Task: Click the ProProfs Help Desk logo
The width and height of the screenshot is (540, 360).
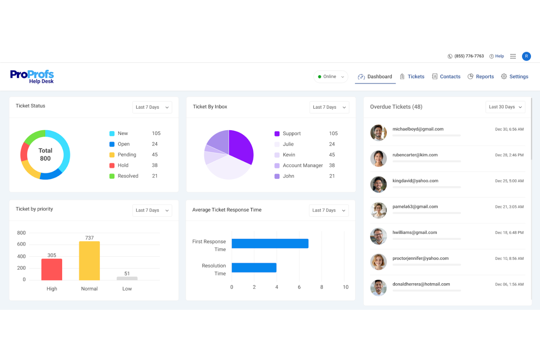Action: coord(32,77)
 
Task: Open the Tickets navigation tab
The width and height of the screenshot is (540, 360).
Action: coord(412,77)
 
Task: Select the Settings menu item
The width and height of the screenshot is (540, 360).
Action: coord(515,77)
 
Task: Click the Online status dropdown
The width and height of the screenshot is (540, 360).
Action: coord(331,77)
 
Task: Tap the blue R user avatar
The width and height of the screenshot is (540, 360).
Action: coord(526,56)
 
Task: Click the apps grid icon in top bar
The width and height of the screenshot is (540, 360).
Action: coord(513,56)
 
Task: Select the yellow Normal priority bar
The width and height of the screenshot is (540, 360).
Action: coord(89,261)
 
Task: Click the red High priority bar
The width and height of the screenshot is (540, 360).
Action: coord(52,269)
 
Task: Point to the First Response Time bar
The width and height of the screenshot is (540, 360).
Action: coord(270,243)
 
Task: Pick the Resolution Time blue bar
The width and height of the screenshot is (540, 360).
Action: coord(254,267)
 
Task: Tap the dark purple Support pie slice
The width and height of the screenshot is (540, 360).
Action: coord(240,146)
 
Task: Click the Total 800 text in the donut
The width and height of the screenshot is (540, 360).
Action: coord(45,154)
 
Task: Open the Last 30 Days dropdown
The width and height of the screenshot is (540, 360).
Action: coord(505,107)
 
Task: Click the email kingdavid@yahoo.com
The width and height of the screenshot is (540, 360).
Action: coord(415,181)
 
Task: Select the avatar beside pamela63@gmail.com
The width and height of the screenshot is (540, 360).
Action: coord(378,210)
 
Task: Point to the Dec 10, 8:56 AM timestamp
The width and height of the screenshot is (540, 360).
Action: coord(509,259)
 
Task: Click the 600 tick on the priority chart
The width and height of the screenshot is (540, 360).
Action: coord(22,244)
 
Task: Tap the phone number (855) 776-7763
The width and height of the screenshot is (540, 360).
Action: coord(469,56)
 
